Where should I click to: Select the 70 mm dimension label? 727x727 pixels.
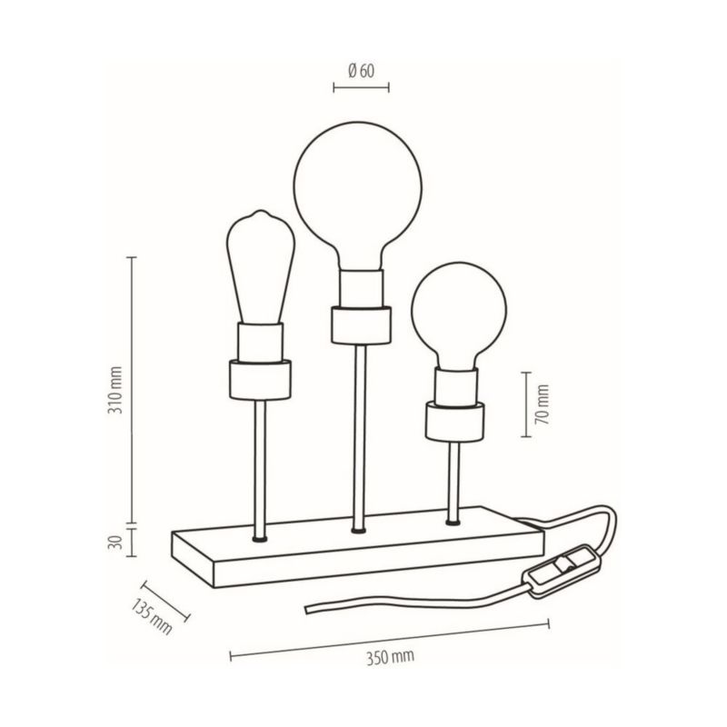click(x=543, y=405)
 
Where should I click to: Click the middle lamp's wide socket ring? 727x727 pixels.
click(x=361, y=323)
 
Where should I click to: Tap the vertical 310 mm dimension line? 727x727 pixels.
click(x=134, y=391)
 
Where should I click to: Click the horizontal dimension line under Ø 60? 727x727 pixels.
click(x=361, y=88)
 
